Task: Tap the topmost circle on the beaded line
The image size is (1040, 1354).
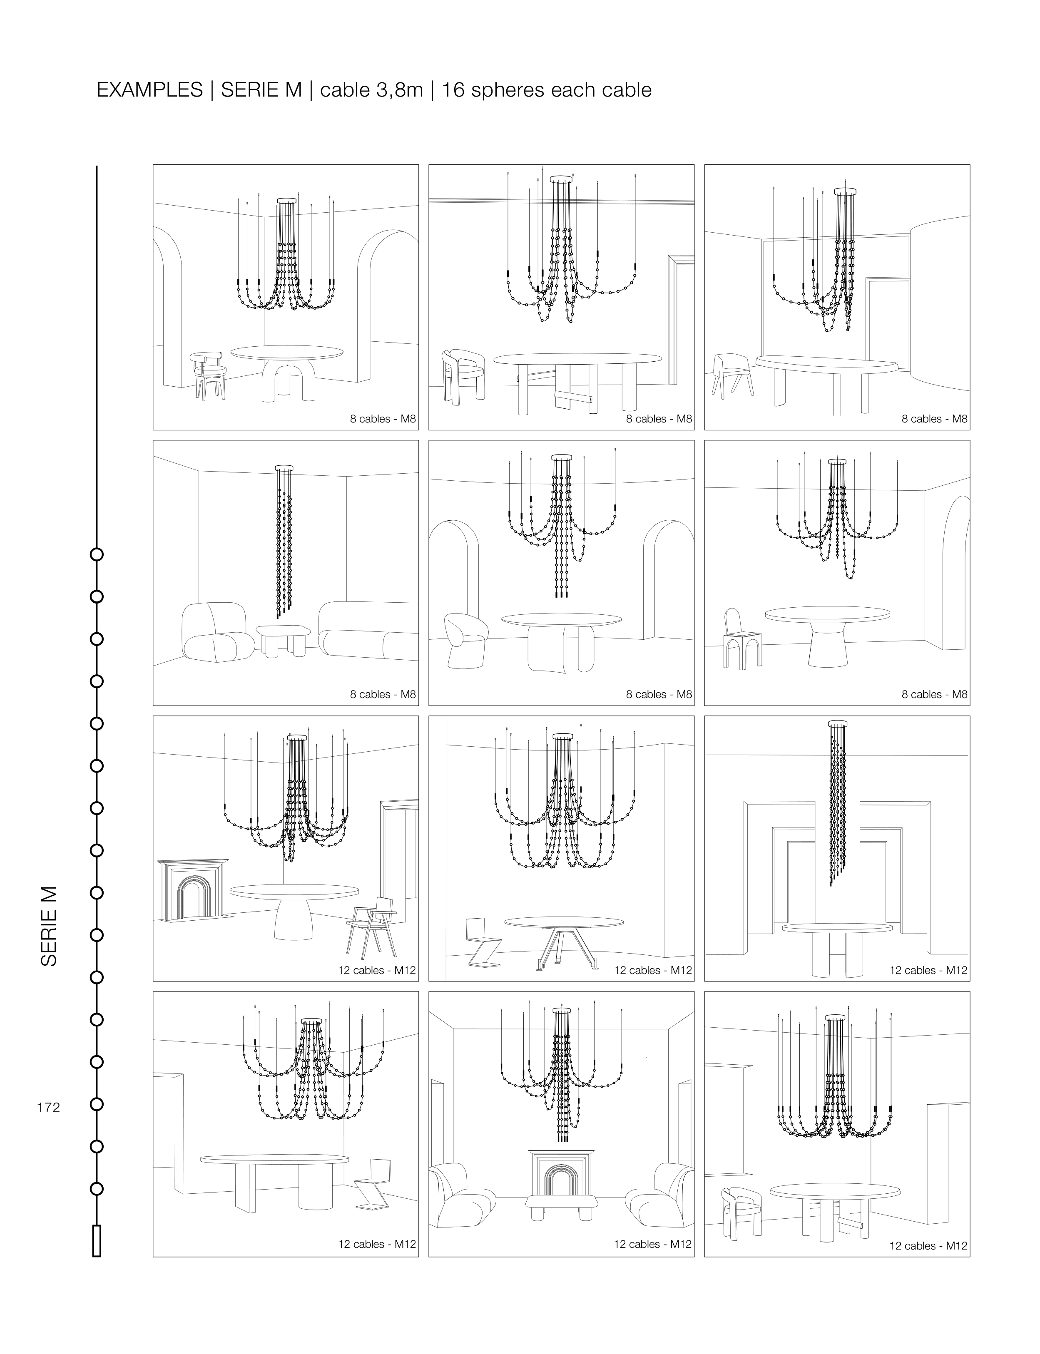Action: click(97, 554)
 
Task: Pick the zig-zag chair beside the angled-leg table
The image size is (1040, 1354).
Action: click(478, 943)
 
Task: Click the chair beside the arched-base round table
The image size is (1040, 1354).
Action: click(209, 375)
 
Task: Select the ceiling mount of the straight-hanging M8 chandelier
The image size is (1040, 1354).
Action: click(284, 468)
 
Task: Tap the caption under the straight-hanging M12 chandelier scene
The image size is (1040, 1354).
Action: click(928, 970)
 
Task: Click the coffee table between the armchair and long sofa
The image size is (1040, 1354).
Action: click(282, 638)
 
